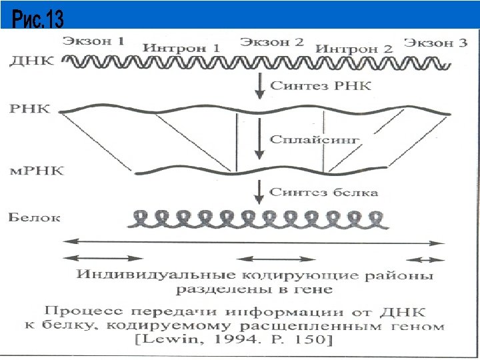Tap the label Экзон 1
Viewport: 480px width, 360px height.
(94, 41)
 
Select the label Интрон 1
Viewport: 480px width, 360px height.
(181, 49)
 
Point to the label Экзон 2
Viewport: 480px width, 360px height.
(271, 42)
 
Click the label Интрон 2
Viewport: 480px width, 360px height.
(354, 49)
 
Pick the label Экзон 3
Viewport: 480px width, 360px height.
(435, 43)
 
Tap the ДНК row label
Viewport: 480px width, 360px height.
(29, 61)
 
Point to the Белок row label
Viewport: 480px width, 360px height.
(34, 217)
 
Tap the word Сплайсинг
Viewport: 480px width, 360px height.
(315, 139)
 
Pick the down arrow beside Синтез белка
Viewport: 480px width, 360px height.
(259, 192)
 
